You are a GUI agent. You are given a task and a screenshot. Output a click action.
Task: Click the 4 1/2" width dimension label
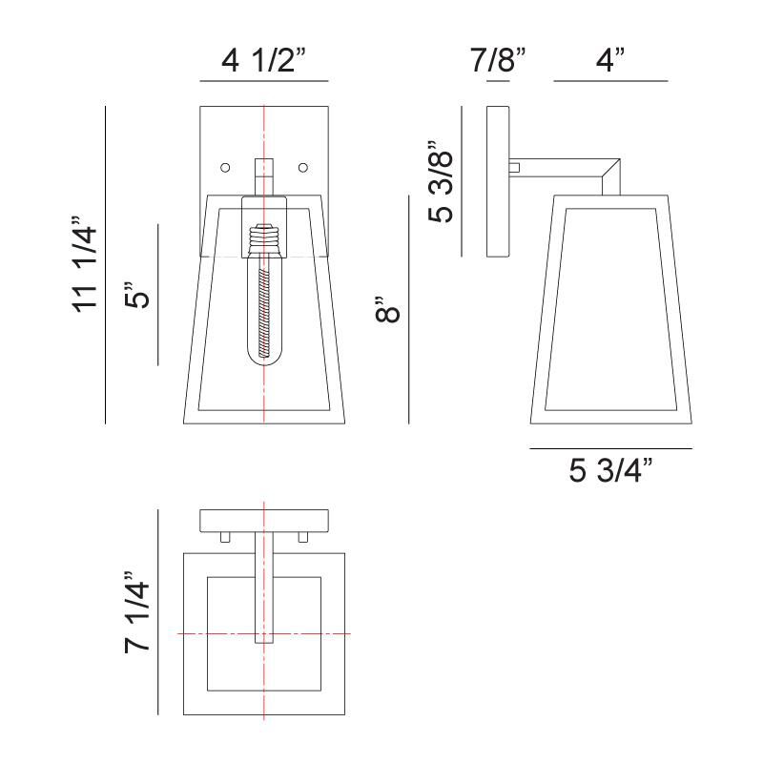pyautogui.click(x=263, y=62)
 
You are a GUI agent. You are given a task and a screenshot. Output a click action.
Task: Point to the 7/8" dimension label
pyautogui.click(x=498, y=62)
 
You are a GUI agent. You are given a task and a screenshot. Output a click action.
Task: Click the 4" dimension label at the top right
pyautogui.click(x=609, y=62)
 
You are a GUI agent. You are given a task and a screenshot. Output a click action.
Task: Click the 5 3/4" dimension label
pyautogui.click(x=610, y=471)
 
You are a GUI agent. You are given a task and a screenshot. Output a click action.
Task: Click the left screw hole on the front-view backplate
pyautogui.click(x=226, y=168)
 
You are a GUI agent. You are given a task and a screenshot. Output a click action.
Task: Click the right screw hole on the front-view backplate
pyautogui.click(x=303, y=168)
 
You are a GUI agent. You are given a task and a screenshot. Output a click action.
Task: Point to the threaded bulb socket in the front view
pyautogui.click(x=264, y=237)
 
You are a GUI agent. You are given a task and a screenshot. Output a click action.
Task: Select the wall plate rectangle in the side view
pyautogui.click(x=498, y=181)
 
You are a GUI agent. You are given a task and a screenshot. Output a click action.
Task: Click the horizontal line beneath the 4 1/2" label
pyautogui.click(x=263, y=81)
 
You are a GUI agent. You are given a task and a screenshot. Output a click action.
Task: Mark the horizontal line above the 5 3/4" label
pyautogui.click(x=610, y=448)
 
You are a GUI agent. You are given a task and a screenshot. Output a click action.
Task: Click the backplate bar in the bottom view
pyautogui.click(x=264, y=521)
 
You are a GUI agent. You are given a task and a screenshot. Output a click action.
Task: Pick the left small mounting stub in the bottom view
pyautogui.click(x=226, y=537)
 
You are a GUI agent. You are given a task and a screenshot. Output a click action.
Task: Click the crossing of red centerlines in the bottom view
pyautogui.click(x=264, y=634)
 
